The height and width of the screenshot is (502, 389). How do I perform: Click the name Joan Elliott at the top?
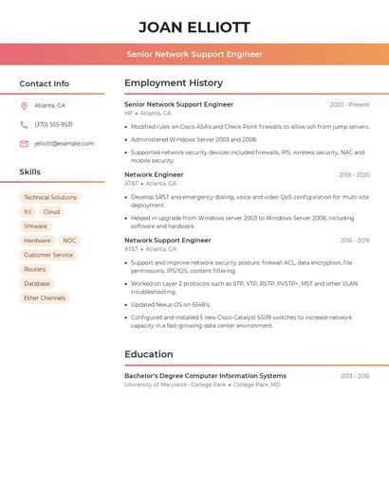click(194, 27)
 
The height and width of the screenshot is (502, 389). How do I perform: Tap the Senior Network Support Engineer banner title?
click(194, 54)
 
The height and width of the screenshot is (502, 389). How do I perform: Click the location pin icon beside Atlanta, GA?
click(24, 105)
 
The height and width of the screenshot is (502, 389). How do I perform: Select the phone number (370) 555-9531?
click(53, 124)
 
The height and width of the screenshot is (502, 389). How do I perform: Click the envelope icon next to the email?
click(24, 143)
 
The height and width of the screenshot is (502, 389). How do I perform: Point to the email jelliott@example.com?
click(64, 143)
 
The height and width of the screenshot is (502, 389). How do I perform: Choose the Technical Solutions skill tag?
click(50, 198)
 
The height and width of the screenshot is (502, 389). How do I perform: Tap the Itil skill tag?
click(28, 212)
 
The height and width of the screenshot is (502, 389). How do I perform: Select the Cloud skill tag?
click(51, 212)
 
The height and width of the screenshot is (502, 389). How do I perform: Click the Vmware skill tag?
click(35, 226)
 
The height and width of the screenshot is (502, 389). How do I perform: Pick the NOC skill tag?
click(69, 241)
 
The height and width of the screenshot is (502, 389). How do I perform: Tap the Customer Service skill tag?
click(48, 255)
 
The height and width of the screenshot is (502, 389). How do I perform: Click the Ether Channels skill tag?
click(45, 297)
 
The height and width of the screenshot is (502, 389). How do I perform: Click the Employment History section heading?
click(174, 83)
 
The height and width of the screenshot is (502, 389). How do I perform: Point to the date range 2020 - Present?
click(349, 104)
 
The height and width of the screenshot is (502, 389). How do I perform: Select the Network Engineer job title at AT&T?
click(154, 174)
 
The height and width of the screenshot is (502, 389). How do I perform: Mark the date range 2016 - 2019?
click(354, 241)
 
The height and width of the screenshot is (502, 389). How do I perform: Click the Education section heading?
click(149, 354)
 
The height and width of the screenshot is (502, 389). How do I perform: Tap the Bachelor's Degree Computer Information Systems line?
click(205, 376)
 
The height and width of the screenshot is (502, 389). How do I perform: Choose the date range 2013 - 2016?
click(354, 376)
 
